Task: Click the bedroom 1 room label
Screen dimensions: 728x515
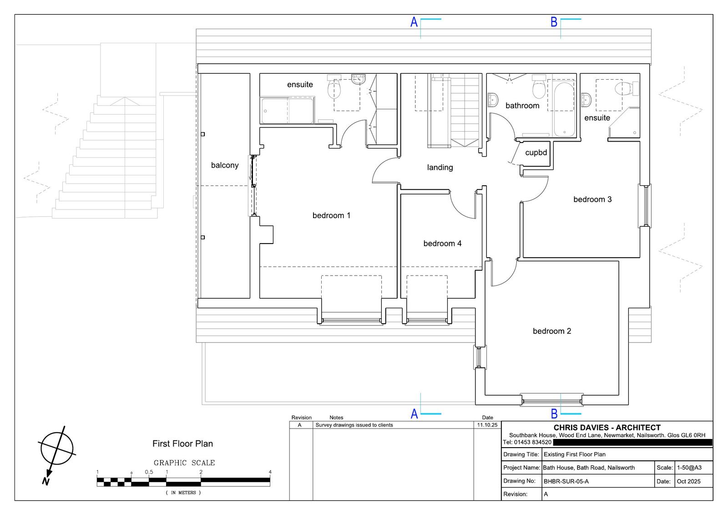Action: (331, 215)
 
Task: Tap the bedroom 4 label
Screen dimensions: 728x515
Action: (442, 243)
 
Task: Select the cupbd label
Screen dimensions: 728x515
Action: (536, 153)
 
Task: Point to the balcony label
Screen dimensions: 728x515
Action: (225, 165)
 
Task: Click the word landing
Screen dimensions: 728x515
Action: (440, 168)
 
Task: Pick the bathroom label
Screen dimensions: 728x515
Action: (522, 105)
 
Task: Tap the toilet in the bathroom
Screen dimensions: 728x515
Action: (539, 86)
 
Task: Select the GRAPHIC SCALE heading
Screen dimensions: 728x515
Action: (184, 463)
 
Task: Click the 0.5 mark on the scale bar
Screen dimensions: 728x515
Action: (149, 472)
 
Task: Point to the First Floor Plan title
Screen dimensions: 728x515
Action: (182, 444)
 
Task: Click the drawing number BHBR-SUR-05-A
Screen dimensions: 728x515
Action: (566, 481)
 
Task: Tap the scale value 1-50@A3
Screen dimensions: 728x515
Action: (689, 468)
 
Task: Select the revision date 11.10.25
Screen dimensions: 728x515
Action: (487, 425)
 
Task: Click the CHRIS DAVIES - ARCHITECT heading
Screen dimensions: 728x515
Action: (607, 428)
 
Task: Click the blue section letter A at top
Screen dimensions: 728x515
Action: (414, 22)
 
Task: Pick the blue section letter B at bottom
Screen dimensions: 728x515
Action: (554, 414)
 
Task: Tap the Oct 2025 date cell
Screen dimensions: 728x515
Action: (688, 481)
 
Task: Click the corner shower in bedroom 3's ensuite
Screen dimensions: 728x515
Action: (624, 122)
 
